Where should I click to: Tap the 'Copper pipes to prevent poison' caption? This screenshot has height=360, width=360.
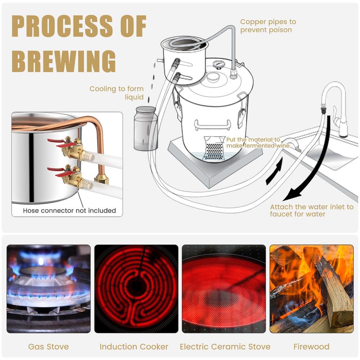(x=268, y=26)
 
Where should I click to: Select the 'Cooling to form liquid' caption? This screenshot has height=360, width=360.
(x=117, y=93)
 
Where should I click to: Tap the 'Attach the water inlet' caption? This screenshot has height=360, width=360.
(x=311, y=210)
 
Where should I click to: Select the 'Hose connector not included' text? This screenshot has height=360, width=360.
(x=69, y=211)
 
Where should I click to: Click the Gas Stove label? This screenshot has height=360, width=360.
(x=49, y=347)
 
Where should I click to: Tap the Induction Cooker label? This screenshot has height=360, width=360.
(x=134, y=347)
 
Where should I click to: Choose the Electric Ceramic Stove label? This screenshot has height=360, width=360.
(x=225, y=347)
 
